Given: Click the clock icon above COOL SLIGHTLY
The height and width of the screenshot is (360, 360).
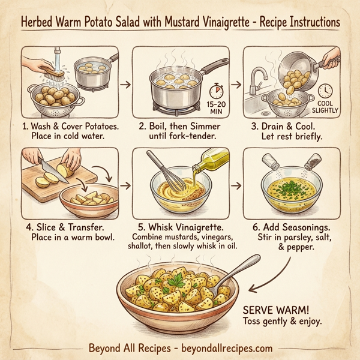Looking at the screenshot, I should pyautogui.click(x=325, y=91).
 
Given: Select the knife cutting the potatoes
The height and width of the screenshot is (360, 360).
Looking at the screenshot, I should pyautogui.click(x=49, y=167).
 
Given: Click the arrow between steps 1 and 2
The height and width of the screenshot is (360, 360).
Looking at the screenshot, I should pyautogui.click(x=125, y=85).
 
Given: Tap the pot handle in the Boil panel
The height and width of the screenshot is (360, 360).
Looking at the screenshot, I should pyautogui.click(x=215, y=64).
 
